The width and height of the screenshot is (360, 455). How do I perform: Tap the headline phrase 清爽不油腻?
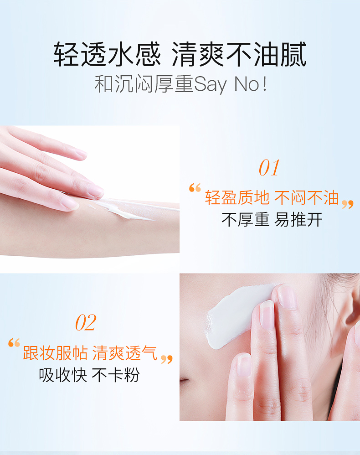239,56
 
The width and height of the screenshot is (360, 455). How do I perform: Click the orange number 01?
269,168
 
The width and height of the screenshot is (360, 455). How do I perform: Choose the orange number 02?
86,323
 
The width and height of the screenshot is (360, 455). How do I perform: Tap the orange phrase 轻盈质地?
237,198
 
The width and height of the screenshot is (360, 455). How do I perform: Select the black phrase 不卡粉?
115,375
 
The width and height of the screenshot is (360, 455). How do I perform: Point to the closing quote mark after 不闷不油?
348,204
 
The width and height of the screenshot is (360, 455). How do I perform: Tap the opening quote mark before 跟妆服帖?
14,343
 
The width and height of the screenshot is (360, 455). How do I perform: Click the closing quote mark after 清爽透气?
167,359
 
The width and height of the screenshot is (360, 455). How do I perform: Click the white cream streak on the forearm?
130,212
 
